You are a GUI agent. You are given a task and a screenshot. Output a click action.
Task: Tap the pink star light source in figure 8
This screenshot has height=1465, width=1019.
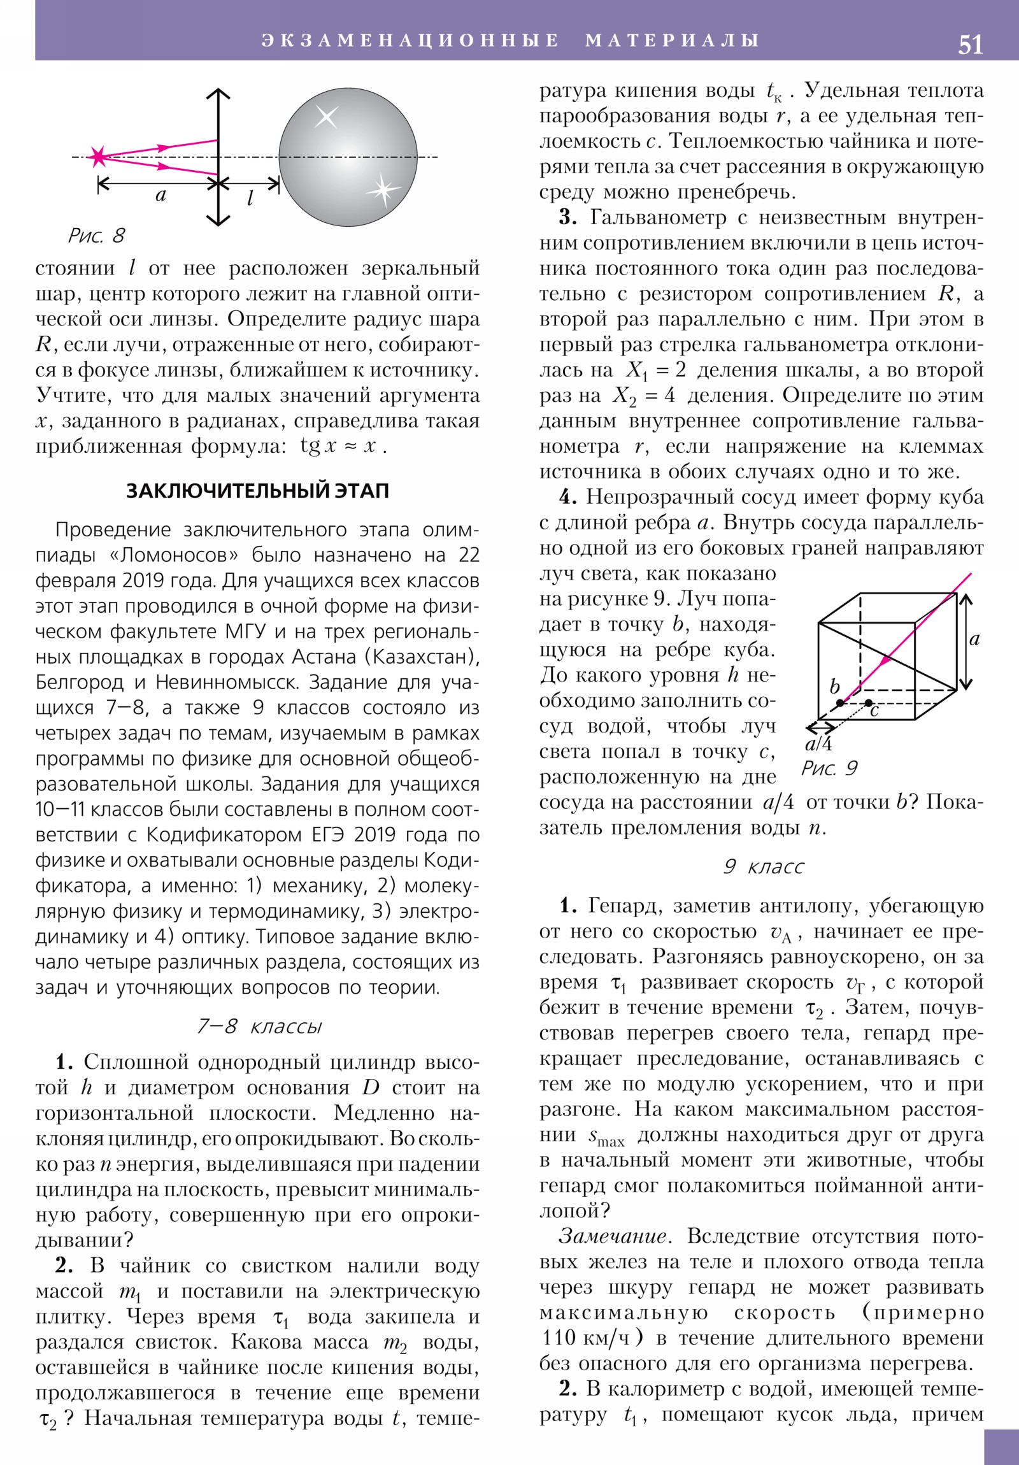coord(97,156)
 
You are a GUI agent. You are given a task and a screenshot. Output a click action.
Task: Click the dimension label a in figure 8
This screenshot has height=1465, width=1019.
coord(160,196)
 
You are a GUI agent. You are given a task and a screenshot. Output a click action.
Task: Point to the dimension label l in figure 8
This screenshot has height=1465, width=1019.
coord(250,199)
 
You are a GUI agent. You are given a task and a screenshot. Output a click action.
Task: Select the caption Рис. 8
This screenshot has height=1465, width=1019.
coord(96,236)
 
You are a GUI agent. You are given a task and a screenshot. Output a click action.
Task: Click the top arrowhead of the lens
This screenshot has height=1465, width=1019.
coord(218,94)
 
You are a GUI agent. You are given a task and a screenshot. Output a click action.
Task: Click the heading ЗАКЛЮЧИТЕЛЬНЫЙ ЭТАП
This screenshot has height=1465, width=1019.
coord(257,490)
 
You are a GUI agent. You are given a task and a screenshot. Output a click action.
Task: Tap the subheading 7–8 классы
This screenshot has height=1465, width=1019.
coord(259,1026)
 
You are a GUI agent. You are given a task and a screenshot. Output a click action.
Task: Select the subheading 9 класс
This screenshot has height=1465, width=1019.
coord(763,866)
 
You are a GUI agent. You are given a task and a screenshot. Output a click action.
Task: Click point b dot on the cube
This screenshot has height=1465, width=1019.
coord(840,703)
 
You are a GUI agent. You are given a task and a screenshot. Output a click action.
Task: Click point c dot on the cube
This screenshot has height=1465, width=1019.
coord(869,703)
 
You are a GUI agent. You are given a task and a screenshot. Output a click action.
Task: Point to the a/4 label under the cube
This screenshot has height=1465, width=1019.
coord(818,744)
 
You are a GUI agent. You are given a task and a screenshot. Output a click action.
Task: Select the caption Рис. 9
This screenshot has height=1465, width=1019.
coord(829,768)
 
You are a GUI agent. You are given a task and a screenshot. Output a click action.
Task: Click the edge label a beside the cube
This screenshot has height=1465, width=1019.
coord(974,640)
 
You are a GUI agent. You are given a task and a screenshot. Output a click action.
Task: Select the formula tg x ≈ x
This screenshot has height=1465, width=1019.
coord(343,446)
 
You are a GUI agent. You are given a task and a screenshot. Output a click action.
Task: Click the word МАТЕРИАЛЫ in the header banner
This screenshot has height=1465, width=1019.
coord(672,40)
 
